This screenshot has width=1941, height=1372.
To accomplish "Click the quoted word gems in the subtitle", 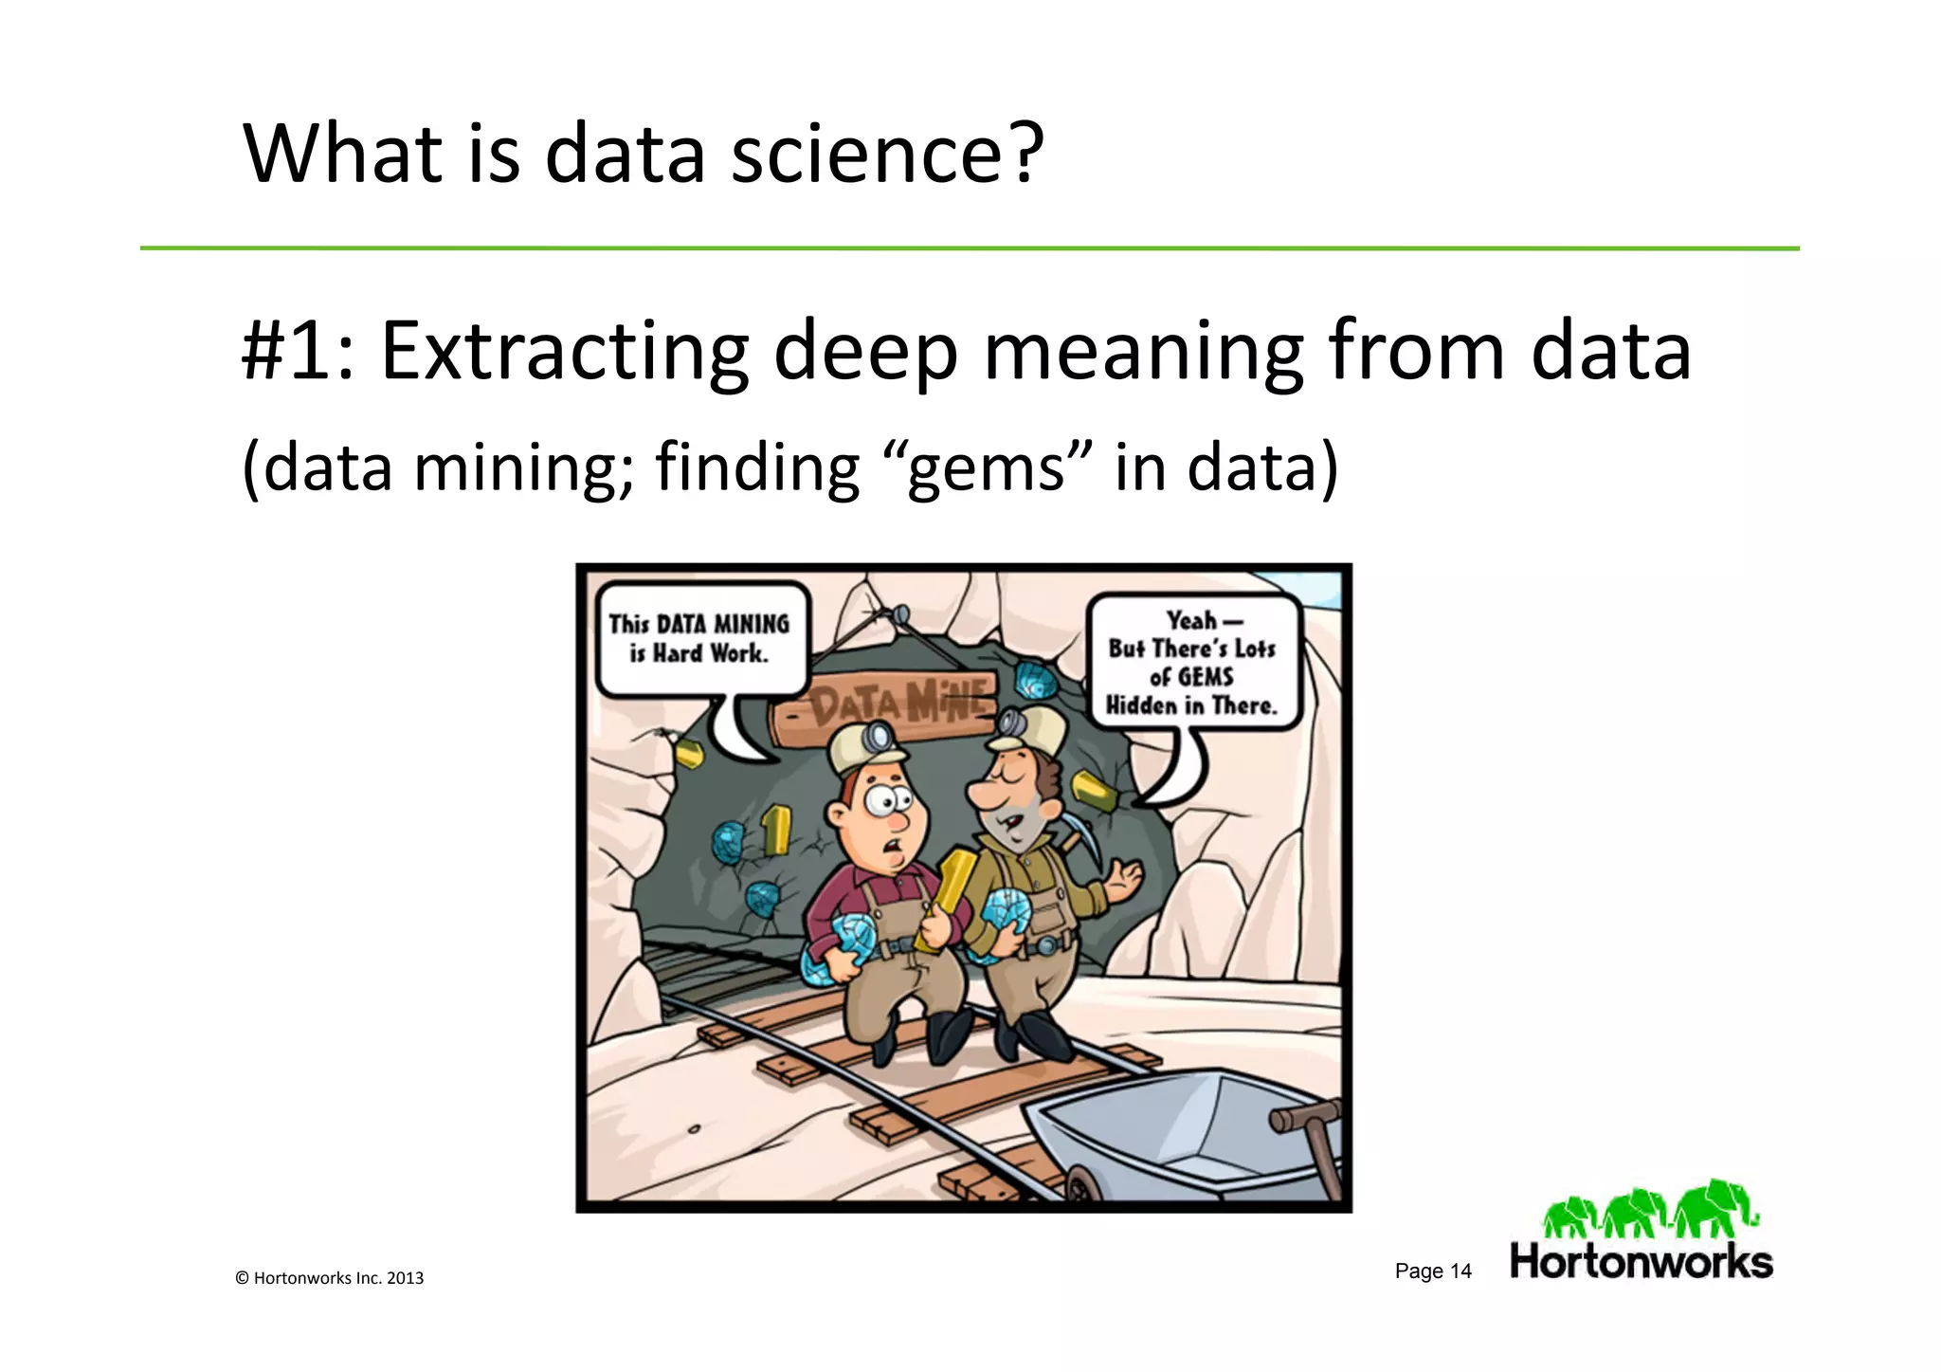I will pyautogui.click(x=986, y=468).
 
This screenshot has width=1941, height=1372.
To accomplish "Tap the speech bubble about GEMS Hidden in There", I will pyautogui.click(x=1192, y=663).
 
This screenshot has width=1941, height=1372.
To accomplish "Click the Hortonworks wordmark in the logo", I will pyautogui.click(x=1641, y=1262).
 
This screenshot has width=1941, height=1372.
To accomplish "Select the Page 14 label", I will pyautogui.click(x=1432, y=1271).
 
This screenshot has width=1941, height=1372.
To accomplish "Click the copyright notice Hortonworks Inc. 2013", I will pyautogui.click(x=329, y=1278).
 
